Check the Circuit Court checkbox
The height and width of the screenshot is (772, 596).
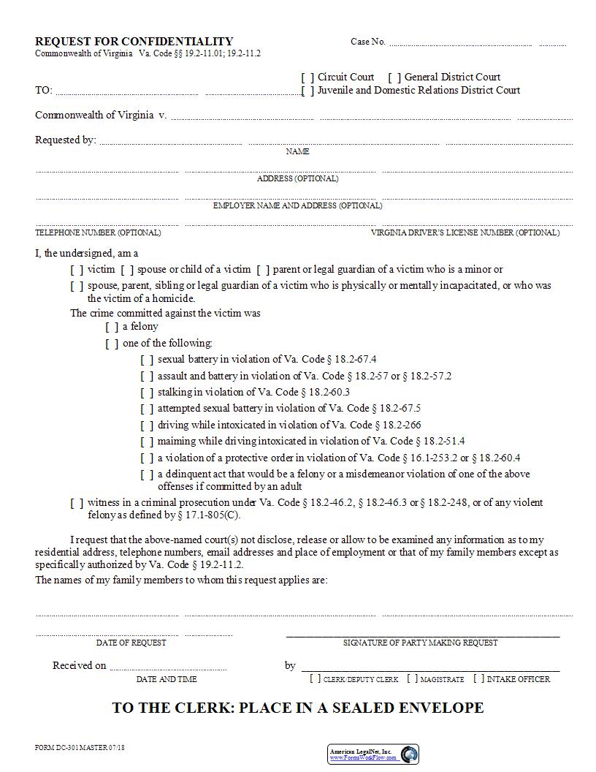[x=307, y=77]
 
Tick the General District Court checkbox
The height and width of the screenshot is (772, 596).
[x=394, y=77]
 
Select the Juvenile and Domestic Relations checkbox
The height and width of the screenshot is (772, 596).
[x=307, y=91]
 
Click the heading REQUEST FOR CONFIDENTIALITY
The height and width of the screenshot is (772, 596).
[x=134, y=42]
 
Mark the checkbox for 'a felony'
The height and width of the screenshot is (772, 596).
[x=112, y=327]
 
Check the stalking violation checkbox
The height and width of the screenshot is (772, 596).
[x=147, y=393]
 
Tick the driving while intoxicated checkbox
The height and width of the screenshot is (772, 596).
[x=147, y=425]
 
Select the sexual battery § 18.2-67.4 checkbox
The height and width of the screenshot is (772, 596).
[x=147, y=360]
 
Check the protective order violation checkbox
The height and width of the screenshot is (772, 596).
[x=147, y=458]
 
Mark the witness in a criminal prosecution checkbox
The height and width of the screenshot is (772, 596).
[x=77, y=503]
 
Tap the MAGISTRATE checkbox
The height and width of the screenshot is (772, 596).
[x=413, y=679]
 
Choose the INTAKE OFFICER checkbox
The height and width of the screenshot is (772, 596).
[x=478, y=679]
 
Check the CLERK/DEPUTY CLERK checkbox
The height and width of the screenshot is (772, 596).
[x=315, y=679]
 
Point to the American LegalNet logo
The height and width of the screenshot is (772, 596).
[x=372, y=754]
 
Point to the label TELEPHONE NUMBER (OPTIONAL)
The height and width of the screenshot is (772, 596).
[x=98, y=232]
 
